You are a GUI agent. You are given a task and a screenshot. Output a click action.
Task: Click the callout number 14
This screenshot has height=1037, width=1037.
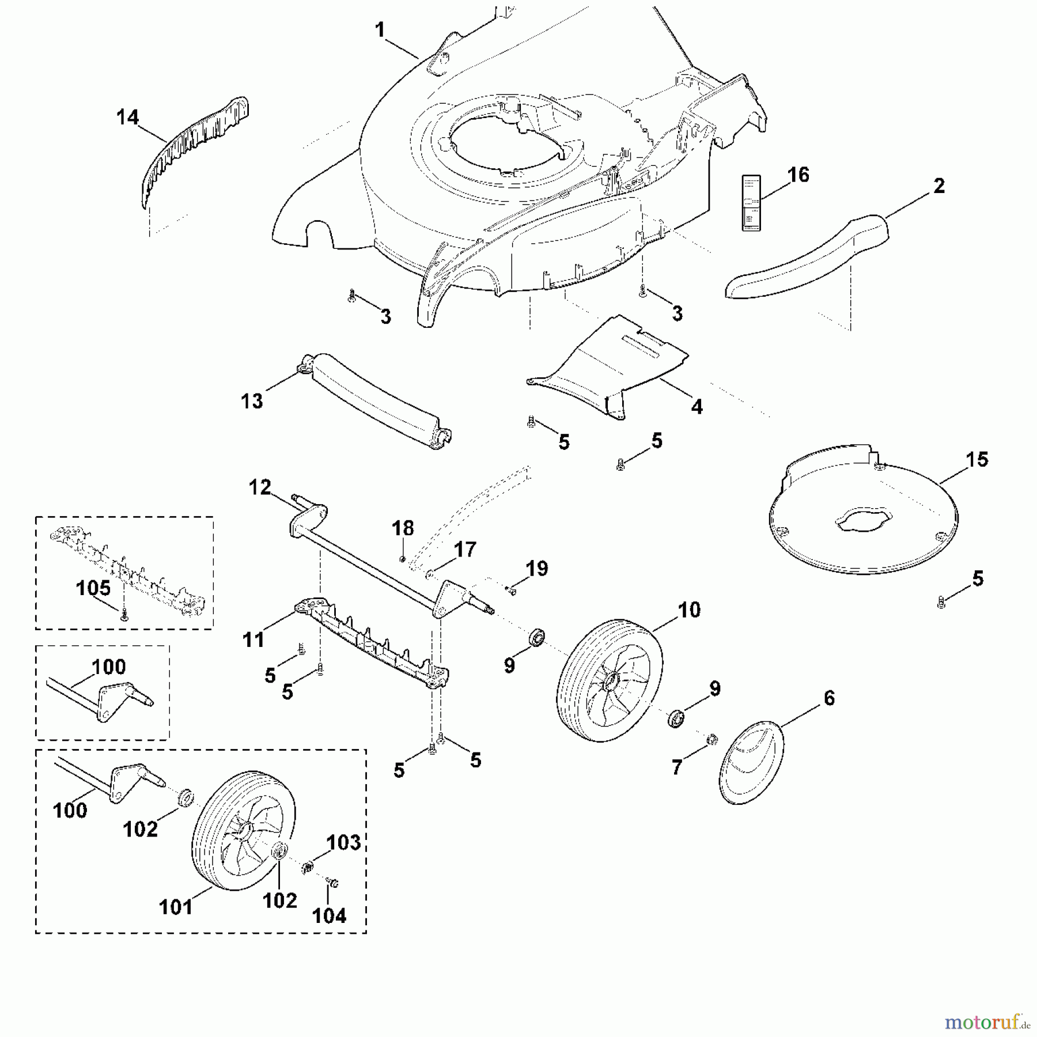[127, 117]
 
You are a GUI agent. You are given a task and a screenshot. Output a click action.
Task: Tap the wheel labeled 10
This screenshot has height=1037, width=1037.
[610, 680]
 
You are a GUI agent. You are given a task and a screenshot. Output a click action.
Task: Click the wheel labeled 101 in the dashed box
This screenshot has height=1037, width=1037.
[243, 830]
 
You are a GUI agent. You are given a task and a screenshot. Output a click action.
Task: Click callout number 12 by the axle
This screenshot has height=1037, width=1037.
[260, 487]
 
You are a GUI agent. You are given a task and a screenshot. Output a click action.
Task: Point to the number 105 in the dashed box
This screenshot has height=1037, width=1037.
[93, 588]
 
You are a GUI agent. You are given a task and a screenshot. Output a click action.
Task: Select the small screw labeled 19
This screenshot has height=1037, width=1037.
[510, 589]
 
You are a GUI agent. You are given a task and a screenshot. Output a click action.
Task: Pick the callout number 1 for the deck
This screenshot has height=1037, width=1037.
[380, 30]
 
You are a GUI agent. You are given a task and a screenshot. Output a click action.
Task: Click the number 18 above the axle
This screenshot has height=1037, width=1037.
[403, 528]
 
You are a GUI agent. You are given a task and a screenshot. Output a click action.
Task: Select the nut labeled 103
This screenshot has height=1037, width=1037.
[308, 866]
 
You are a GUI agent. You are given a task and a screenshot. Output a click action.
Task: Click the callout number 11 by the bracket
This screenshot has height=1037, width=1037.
[253, 639]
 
